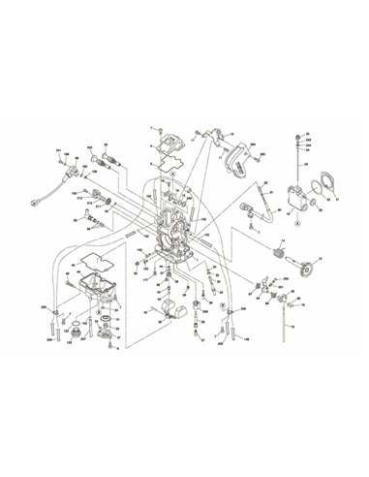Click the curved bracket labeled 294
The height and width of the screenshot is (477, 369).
[x=235, y=155]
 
